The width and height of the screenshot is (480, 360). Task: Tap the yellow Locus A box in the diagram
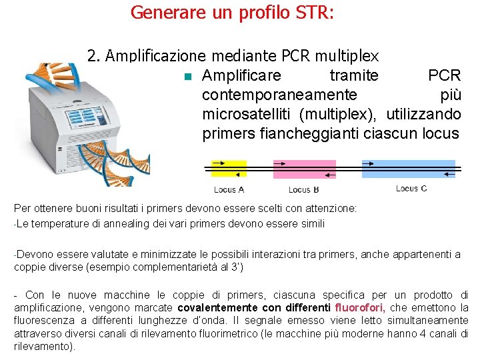(x=228, y=169)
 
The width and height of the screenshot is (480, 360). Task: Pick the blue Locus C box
(x=408, y=169)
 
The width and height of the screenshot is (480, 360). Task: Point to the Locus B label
(x=303, y=191)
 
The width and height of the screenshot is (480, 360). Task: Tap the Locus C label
(x=411, y=189)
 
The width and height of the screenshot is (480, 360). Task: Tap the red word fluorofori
(x=363, y=308)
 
